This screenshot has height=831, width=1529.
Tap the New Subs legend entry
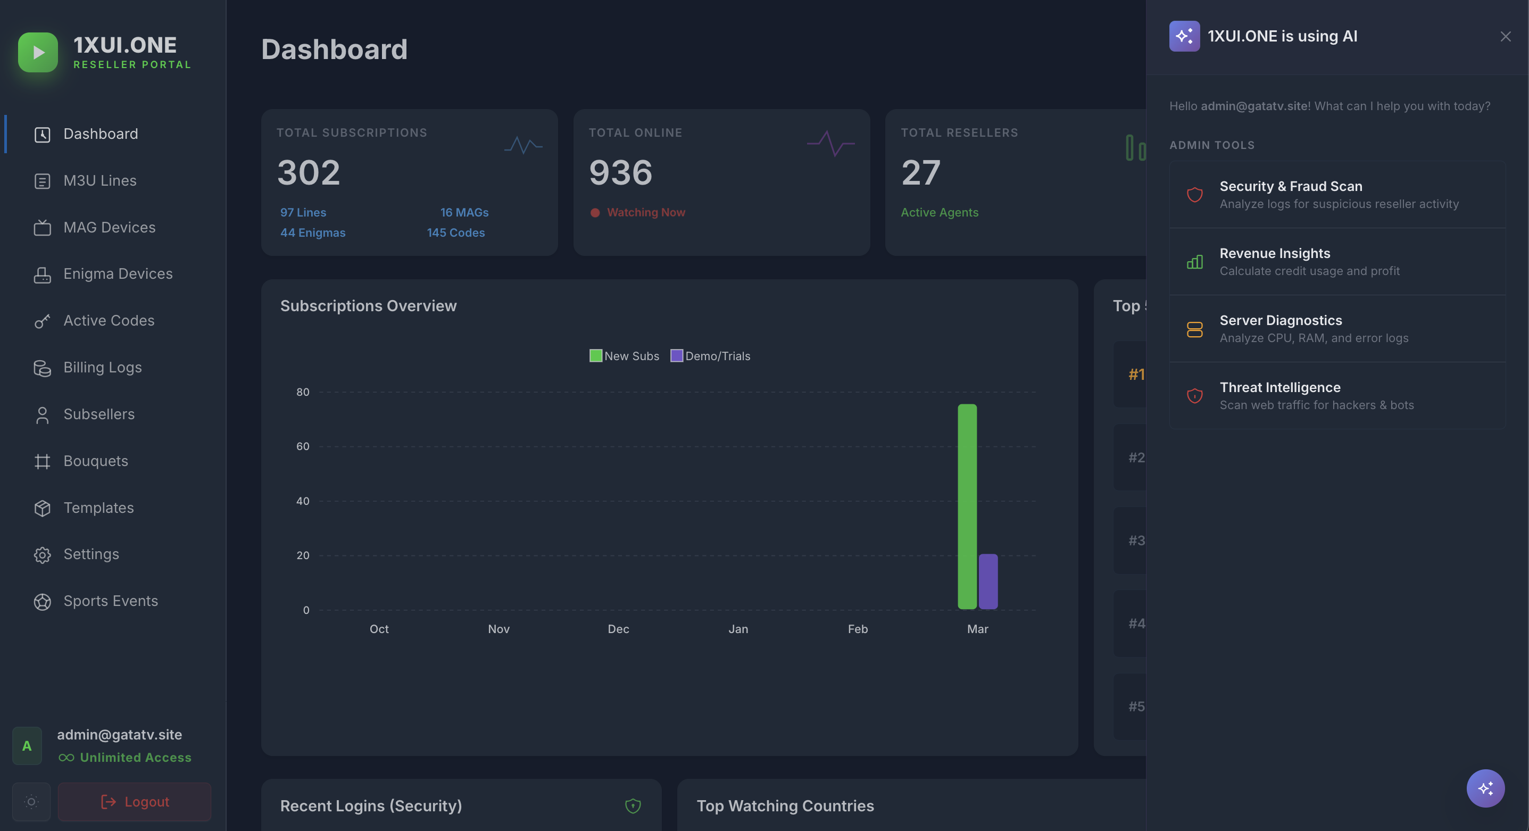(x=625, y=356)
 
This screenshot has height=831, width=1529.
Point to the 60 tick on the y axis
(x=303, y=446)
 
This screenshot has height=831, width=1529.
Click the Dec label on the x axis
(x=618, y=629)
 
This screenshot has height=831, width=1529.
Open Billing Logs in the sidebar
(x=102, y=368)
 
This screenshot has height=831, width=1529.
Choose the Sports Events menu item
(x=111, y=601)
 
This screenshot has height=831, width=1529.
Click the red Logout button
(x=135, y=802)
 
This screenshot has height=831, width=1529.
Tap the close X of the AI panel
(x=1505, y=37)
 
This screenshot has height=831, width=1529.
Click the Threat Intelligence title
(x=1279, y=388)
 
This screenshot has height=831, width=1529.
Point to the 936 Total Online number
(x=620, y=173)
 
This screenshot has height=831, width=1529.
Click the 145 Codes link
(x=455, y=232)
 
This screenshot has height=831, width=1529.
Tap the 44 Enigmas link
(x=313, y=232)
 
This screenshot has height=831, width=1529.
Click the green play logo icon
(x=38, y=52)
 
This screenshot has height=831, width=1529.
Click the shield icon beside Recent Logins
(x=633, y=805)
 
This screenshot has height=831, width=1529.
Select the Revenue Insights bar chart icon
(x=1194, y=262)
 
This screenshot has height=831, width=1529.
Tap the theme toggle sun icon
(x=31, y=802)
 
